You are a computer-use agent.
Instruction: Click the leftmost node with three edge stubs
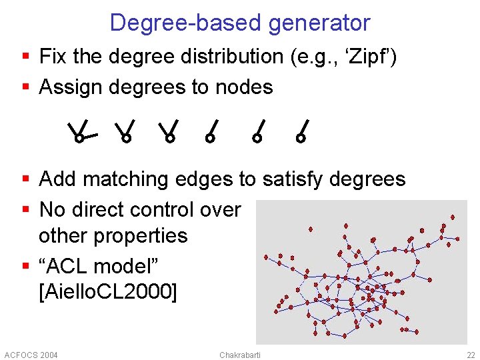79,138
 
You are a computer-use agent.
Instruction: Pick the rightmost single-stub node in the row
301,138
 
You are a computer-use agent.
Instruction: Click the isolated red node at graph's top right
453,217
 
